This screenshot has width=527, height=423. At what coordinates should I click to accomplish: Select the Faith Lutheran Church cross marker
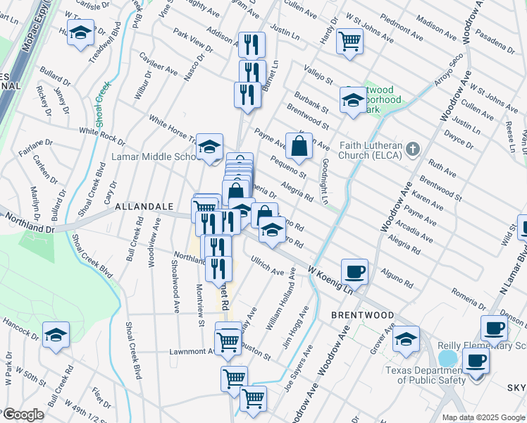coord(413,149)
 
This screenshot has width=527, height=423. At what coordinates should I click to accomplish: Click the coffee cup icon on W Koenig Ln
coord(354,271)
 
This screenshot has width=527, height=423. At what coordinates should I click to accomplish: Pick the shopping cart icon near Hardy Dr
coord(349,40)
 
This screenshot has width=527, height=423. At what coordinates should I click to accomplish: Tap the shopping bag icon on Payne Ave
coord(299,146)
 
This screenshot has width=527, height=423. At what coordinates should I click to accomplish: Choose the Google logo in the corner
coord(23,415)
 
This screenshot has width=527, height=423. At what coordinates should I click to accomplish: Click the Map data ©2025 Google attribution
coord(483,417)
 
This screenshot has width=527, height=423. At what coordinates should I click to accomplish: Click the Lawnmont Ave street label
coord(191,351)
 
